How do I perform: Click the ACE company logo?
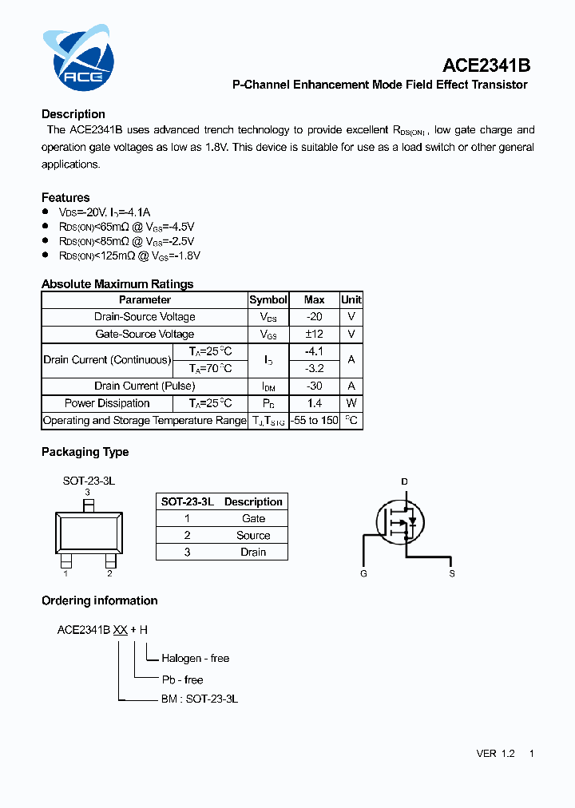[x=77, y=57]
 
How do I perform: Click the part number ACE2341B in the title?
[x=486, y=65]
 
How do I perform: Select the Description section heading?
[x=73, y=114]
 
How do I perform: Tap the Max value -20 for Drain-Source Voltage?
[x=314, y=317]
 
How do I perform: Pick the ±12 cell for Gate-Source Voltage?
[x=314, y=335]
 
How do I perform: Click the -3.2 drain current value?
[x=314, y=368]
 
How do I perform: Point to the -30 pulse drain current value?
[x=314, y=386]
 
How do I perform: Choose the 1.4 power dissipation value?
[x=314, y=403]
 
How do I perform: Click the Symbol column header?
[x=268, y=299]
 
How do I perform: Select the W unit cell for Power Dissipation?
[x=351, y=403]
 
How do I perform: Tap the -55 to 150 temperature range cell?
[x=314, y=421]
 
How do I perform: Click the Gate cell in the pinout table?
[x=253, y=518]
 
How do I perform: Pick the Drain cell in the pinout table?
[x=253, y=553]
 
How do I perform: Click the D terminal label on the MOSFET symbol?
[x=404, y=481]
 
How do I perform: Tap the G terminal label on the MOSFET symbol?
[x=363, y=574]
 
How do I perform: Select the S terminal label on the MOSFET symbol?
[x=452, y=574]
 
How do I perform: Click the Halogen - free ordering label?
[x=196, y=659]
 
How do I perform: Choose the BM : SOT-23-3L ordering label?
[x=200, y=699]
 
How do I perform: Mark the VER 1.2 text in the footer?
[x=495, y=754]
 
